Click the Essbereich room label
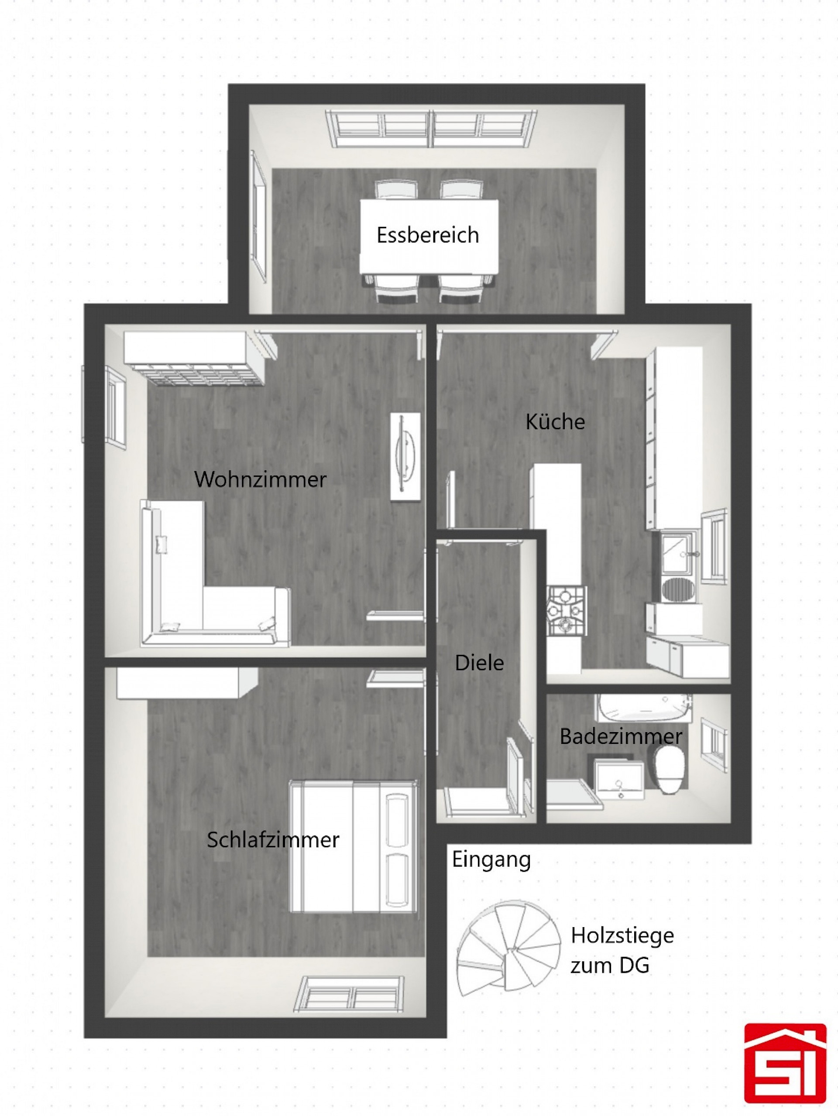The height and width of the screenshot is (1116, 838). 428,235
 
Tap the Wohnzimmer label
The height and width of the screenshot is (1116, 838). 261,479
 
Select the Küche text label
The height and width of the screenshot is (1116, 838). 555,422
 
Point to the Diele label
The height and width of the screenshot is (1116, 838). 479,663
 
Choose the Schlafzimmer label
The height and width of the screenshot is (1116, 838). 273,840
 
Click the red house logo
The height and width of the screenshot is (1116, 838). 785,1065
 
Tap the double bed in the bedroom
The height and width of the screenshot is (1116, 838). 354,846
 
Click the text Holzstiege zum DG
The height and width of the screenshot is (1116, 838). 622,951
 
